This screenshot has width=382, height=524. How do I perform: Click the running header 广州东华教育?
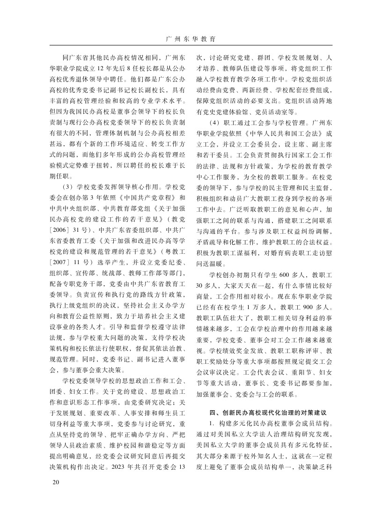(191, 38)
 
